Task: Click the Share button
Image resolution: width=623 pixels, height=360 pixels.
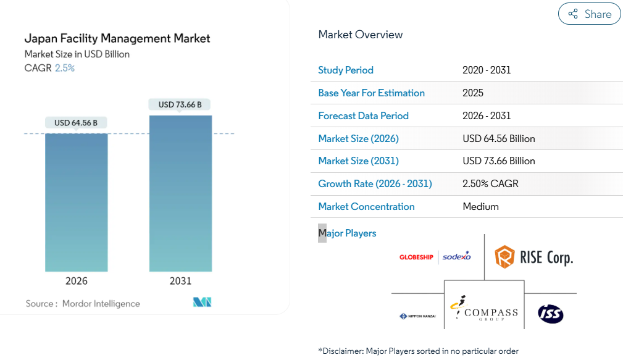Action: (x=589, y=14)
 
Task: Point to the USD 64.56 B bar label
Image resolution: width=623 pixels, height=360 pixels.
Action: (x=76, y=123)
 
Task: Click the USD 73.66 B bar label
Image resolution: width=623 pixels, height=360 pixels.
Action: (x=180, y=104)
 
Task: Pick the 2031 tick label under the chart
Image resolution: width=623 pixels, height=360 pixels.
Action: (x=180, y=281)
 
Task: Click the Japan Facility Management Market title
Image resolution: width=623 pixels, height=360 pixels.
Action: (x=117, y=38)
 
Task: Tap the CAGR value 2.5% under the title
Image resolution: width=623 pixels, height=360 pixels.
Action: (x=65, y=68)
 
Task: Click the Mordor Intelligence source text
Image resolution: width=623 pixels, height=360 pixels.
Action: (x=101, y=304)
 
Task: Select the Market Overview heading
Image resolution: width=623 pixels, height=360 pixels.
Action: (x=361, y=35)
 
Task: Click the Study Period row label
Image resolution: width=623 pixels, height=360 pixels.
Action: (x=346, y=70)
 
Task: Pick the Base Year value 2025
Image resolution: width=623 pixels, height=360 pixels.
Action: (x=473, y=93)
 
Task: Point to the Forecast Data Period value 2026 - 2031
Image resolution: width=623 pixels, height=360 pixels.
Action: (x=487, y=115)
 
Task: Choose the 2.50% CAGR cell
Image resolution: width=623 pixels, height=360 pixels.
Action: (x=490, y=183)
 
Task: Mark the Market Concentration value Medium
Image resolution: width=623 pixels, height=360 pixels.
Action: (x=480, y=206)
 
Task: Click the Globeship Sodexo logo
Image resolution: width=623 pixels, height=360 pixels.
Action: (x=435, y=256)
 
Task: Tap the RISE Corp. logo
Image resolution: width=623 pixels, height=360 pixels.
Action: (x=534, y=256)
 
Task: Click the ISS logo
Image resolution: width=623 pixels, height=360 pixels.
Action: (x=550, y=314)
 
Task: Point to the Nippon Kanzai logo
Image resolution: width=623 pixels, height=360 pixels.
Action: (x=417, y=316)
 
